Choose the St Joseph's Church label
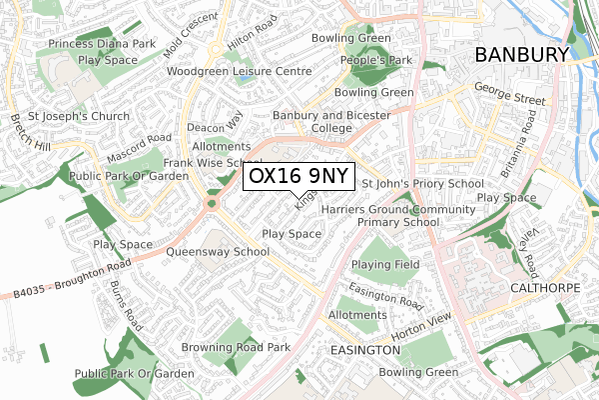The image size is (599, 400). click(79, 116)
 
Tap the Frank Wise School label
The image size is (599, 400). click(214, 162)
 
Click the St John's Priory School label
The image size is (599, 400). click(422, 184)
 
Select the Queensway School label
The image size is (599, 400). click(218, 252)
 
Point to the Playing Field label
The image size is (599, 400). click(384, 264)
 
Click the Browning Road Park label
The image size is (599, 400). click(236, 348)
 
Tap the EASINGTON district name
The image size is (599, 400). click(364, 351)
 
